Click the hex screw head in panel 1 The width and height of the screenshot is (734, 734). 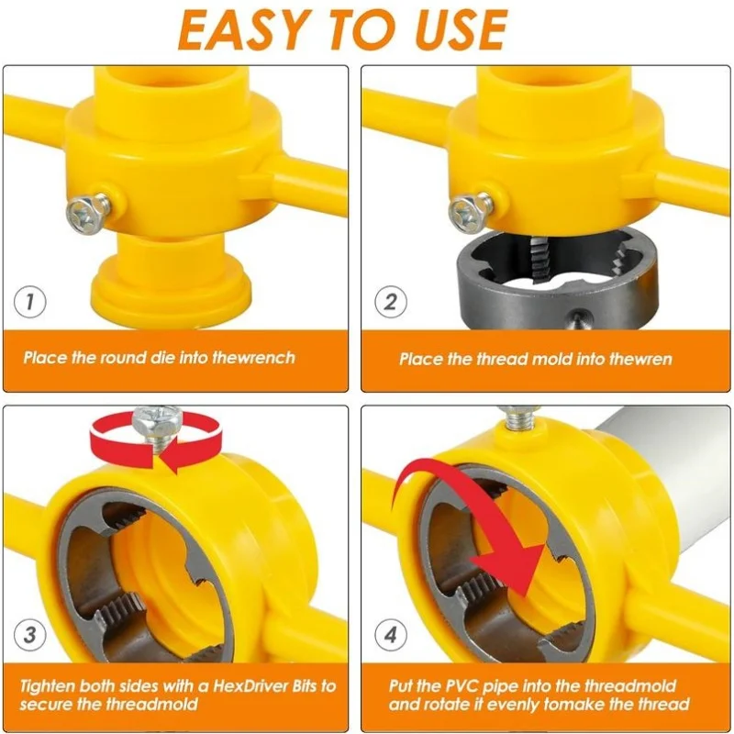[x=82, y=212]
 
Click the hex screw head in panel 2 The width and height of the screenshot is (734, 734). [x=465, y=214]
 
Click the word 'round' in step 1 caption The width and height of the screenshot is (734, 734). [x=120, y=357]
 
